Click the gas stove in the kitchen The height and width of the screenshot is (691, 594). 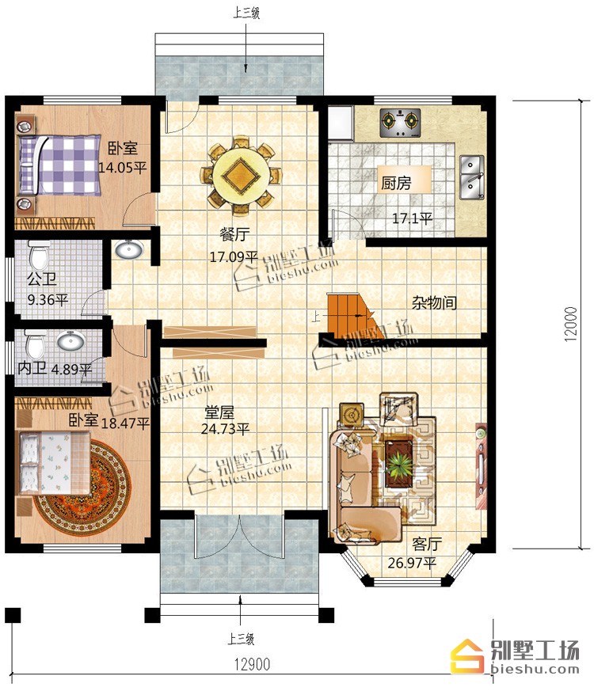tap(400, 123)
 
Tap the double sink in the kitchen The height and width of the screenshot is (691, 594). tap(472, 177)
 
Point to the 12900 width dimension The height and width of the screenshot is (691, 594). tap(252, 663)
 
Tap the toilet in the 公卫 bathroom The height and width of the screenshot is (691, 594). tap(38, 254)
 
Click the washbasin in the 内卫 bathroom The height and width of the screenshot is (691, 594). tap(71, 340)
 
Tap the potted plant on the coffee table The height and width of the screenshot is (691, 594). tap(399, 465)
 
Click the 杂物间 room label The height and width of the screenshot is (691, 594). tap(434, 302)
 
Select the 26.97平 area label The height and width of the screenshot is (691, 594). tap(411, 563)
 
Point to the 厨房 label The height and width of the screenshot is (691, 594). tap(397, 182)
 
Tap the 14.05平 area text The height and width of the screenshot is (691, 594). tap(122, 168)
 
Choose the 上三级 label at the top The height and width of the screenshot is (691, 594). tap(246, 13)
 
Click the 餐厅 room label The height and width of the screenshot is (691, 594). tap(234, 234)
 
